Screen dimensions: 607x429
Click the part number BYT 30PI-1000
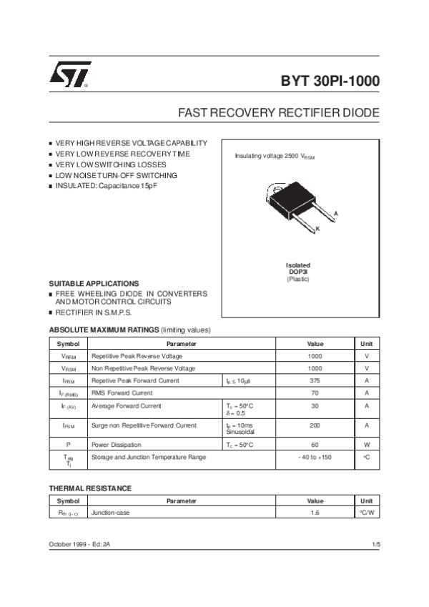tap(330, 82)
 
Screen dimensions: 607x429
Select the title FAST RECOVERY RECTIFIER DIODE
tap(279, 114)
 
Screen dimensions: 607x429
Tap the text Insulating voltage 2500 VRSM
tap(275, 156)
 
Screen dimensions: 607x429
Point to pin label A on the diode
tap(335, 214)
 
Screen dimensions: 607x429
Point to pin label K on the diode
tap(317, 228)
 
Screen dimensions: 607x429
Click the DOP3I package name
tap(297, 272)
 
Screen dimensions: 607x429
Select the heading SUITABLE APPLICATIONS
tap(94, 284)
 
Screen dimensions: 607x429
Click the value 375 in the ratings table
tap(315, 380)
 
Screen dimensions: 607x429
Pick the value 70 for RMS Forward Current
tap(315, 393)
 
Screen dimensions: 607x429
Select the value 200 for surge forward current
tap(315, 425)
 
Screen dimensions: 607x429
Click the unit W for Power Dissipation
tap(367, 444)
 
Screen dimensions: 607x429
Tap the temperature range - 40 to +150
tap(315, 456)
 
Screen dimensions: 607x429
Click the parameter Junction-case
tap(110, 513)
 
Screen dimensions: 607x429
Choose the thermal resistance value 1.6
tap(315, 513)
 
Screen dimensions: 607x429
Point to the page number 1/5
tap(376, 545)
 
